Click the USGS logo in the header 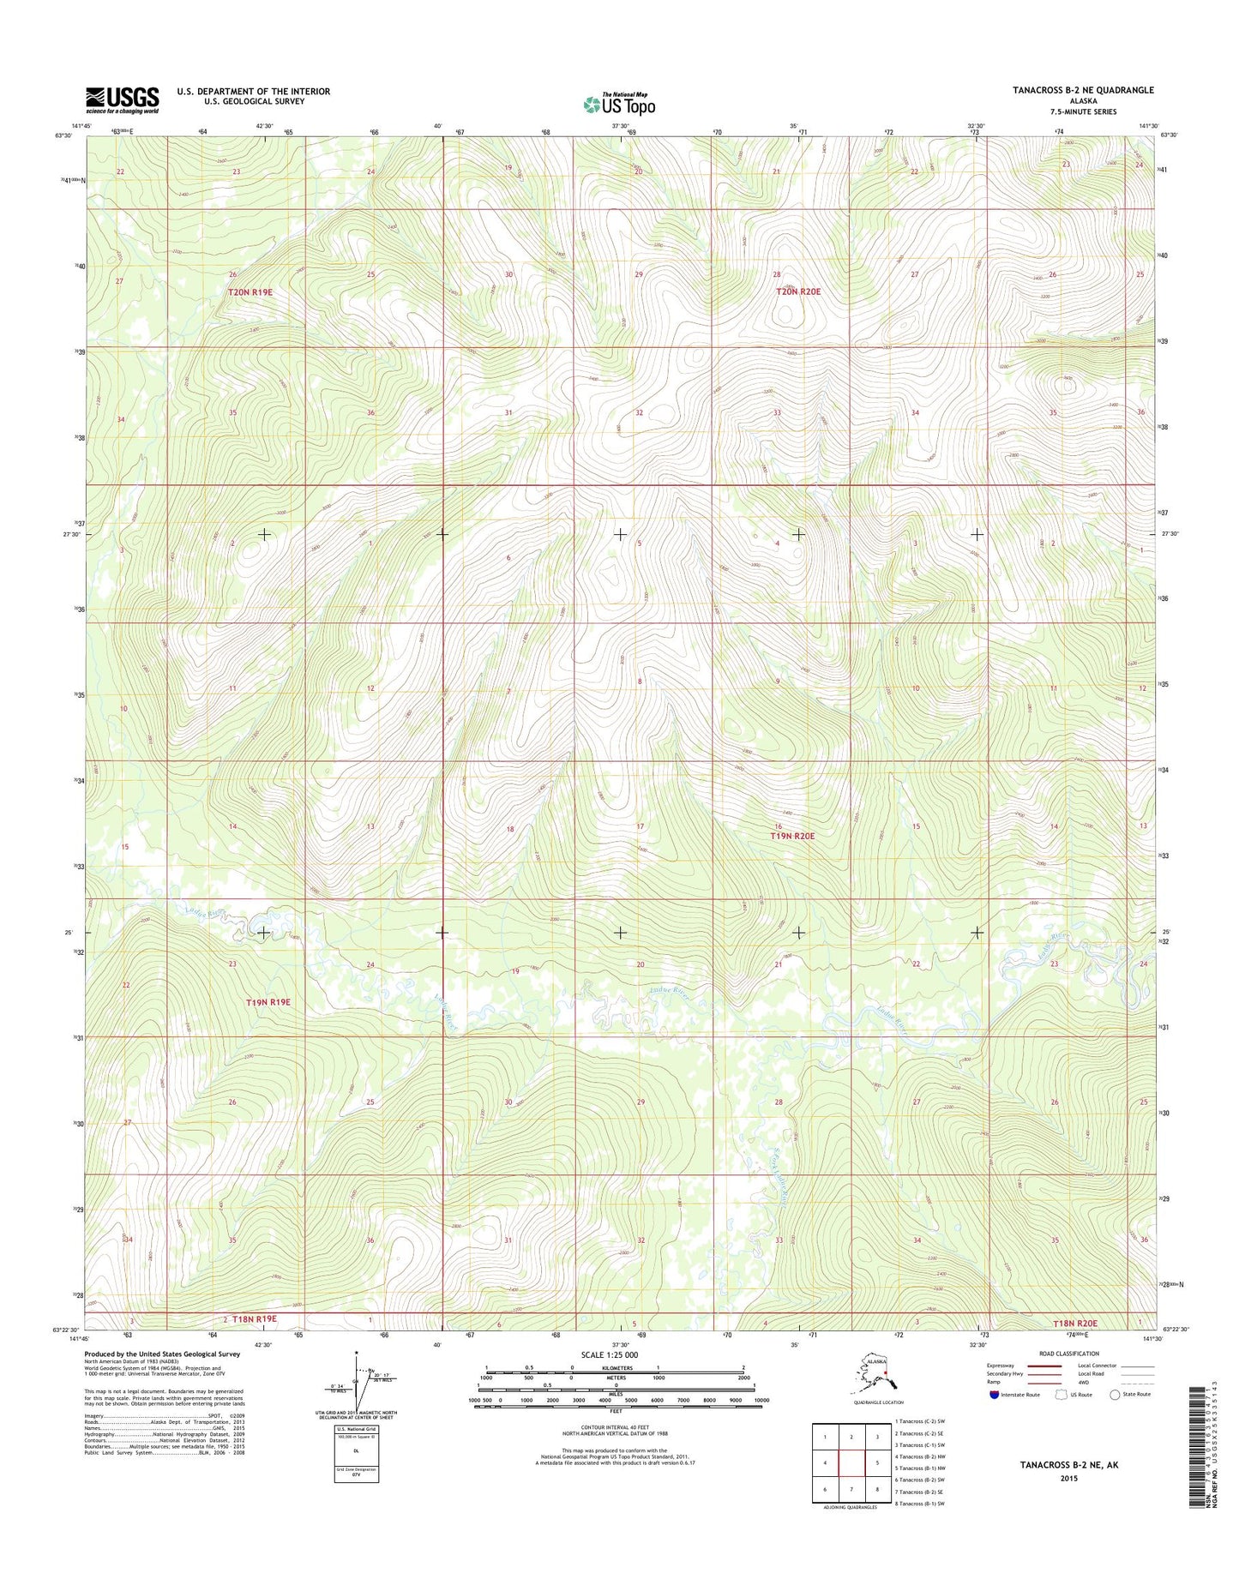click(x=122, y=99)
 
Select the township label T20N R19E click(x=250, y=292)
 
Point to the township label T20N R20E click(x=797, y=291)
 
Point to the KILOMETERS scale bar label click(x=615, y=1367)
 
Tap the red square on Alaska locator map click(x=886, y=1380)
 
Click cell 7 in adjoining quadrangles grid click(x=851, y=1490)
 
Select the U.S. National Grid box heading click(x=356, y=1429)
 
